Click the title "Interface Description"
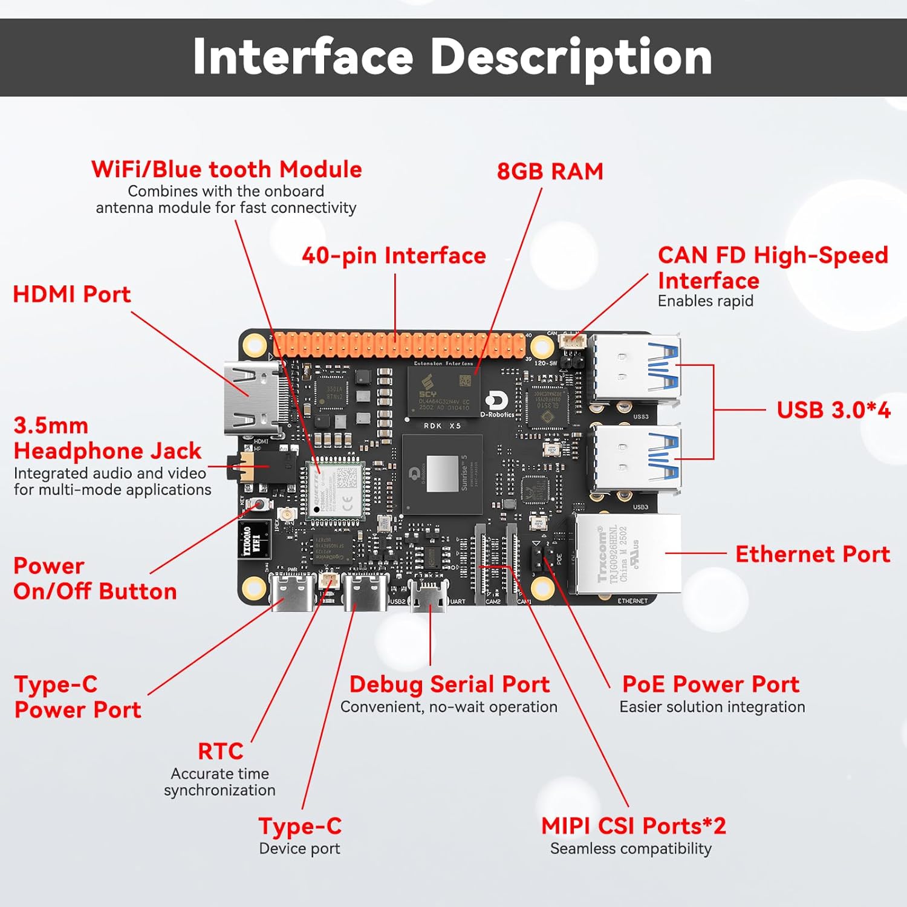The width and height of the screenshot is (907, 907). pos(452,57)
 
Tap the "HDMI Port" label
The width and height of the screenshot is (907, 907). pos(71,294)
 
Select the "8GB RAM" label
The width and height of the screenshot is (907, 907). pos(550,172)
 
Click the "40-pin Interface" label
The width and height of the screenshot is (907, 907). pos(394,256)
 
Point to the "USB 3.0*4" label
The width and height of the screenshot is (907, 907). pos(833,410)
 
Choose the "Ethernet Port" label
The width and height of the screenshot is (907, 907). pos(812,554)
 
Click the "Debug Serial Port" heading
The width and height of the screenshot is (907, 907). pos(449,684)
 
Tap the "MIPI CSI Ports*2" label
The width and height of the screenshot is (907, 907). pos(633,826)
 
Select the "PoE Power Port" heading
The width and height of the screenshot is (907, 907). pos(710,684)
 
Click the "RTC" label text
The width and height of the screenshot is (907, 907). pos(220,752)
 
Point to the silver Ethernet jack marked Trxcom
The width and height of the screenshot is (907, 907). pos(628,554)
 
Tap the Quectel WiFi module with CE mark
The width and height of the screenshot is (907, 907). pos(335,489)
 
